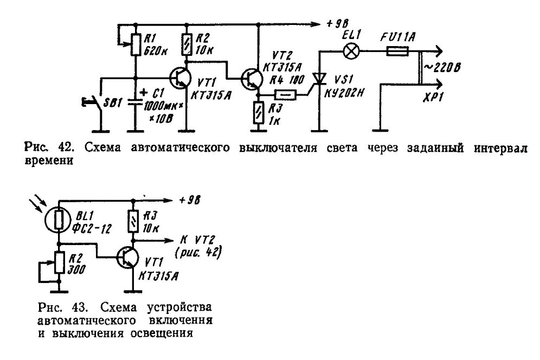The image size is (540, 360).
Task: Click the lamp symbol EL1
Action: [351, 52]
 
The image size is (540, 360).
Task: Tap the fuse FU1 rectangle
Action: [398, 52]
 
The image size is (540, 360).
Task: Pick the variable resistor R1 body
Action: [136, 45]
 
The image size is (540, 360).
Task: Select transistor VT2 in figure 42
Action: [250, 78]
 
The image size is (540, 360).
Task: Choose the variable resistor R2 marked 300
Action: [59, 263]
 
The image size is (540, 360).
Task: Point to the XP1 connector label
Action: [433, 98]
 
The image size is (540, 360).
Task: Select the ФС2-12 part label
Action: [94, 229]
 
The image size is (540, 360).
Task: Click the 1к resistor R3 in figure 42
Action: [258, 113]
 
